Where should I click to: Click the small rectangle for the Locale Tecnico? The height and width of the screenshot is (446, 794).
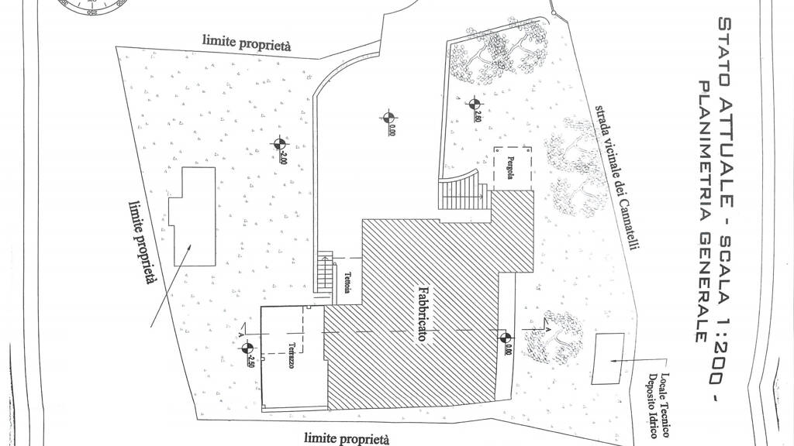coord(606,359)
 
